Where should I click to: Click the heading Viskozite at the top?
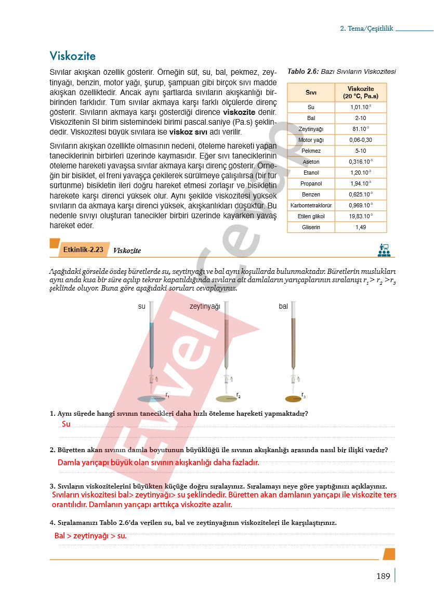point(73,56)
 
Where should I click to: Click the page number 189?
point(383,576)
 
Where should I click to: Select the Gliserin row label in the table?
point(311,227)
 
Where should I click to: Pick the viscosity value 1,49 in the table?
point(361,227)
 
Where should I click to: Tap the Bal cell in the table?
point(311,118)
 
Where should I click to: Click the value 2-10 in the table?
point(361,118)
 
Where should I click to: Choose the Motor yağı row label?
point(311,140)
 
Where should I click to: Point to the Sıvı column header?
point(311,93)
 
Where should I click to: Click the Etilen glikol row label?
point(311,216)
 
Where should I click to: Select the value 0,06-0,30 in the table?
point(361,140)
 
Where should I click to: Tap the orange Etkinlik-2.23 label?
point(83,250)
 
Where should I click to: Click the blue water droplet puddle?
point(151,399)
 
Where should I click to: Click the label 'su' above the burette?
point(141,307)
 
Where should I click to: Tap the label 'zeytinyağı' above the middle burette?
point(205,307)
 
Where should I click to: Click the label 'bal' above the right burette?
point(283,307)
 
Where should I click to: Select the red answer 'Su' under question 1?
point(66,424)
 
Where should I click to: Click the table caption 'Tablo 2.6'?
point(303,72)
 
